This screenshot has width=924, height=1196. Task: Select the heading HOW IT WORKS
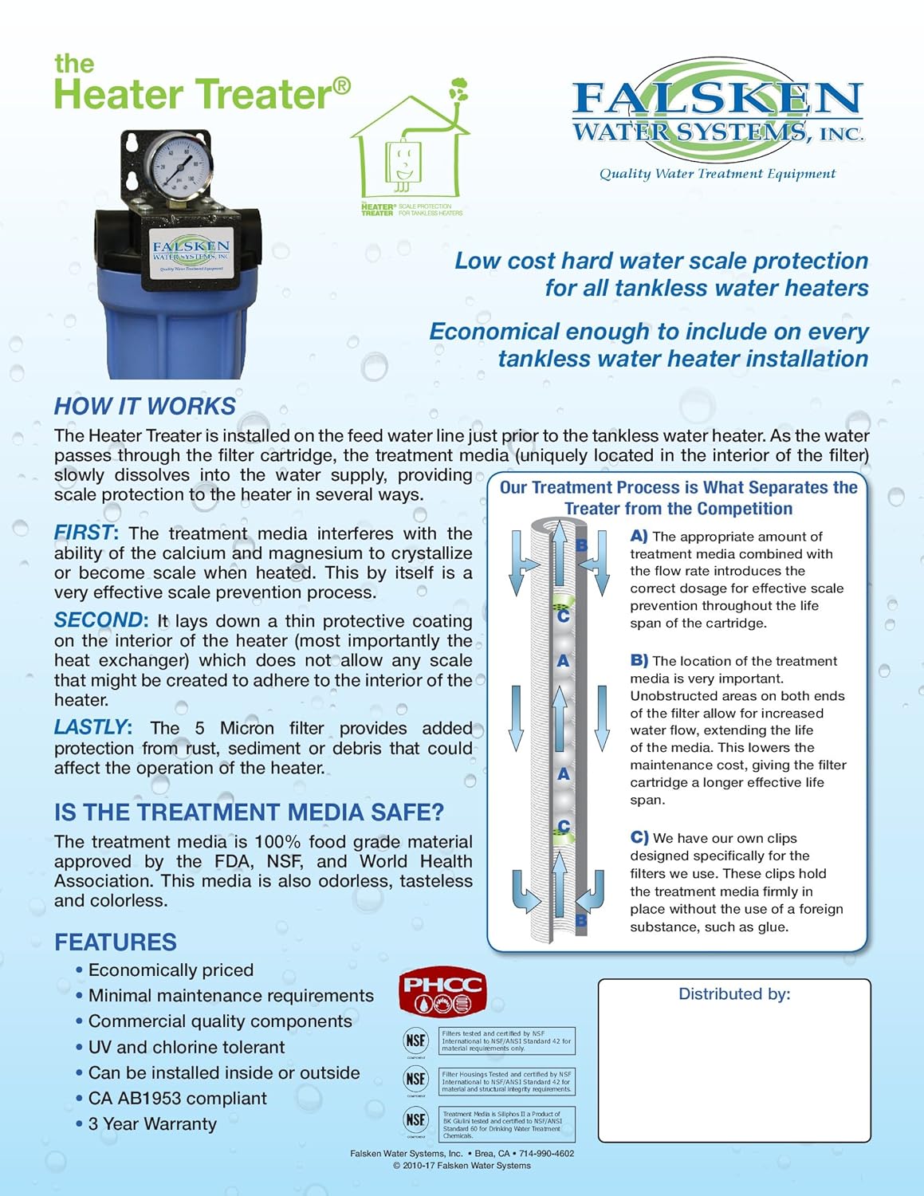pos(145,406)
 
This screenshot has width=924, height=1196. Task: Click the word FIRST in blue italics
pos(84,533)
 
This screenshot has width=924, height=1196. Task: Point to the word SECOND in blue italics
pos(99,620)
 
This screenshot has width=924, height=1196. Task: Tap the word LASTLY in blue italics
pos(90,727)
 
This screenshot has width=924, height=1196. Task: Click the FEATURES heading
pos(116,942)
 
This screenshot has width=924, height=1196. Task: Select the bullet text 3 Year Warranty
pos(152,1123)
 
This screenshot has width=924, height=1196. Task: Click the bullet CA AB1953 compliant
pos(177,1098)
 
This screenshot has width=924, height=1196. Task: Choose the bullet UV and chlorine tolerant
pos(186,1047)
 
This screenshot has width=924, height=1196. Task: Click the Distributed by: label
pos(734,993)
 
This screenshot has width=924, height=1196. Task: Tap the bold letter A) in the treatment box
pos(639,537)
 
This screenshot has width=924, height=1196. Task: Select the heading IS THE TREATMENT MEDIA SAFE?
pos(249,812)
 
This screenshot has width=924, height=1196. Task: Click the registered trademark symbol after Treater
pos(341,85)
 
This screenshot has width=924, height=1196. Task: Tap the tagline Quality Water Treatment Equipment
pos(718,174)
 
